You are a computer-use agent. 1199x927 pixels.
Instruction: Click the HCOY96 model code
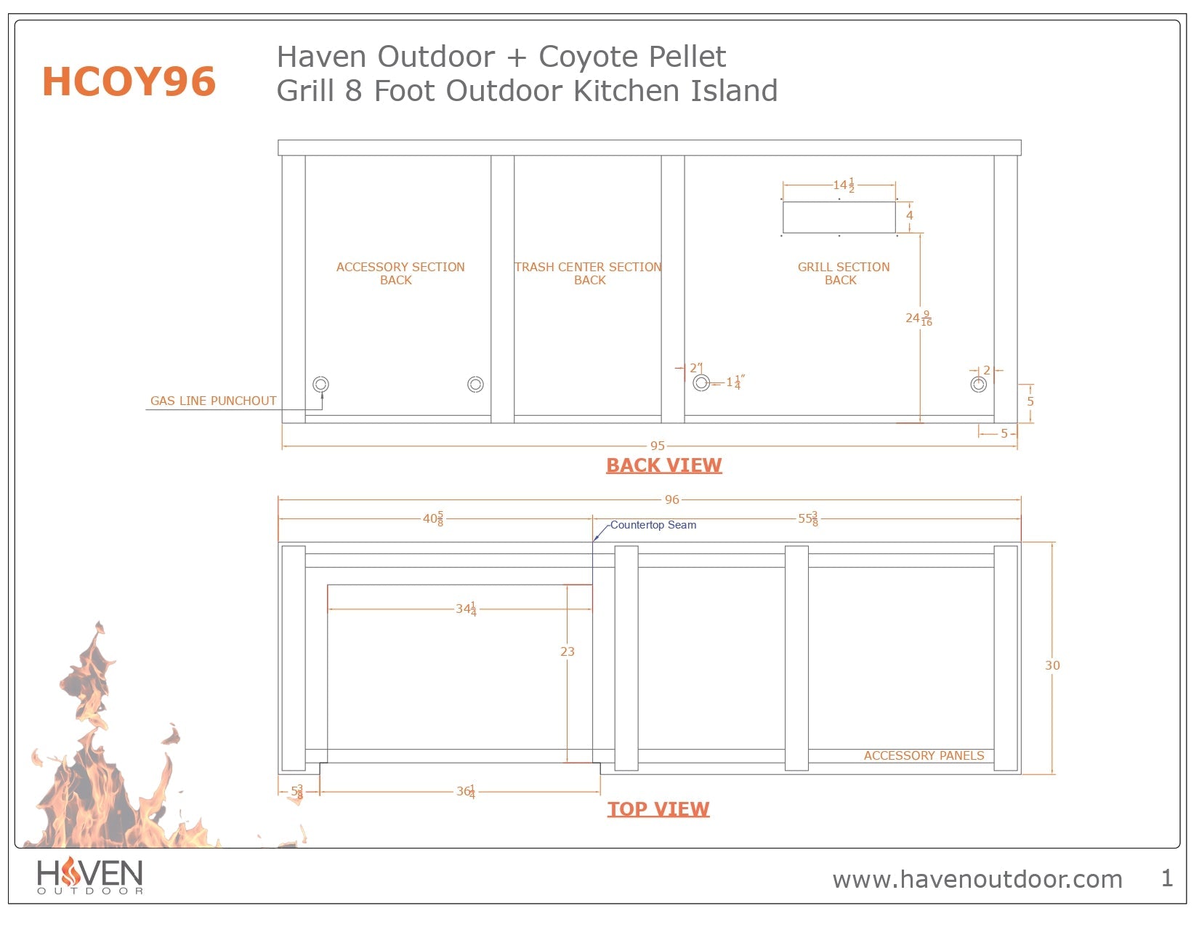tap(129, 81)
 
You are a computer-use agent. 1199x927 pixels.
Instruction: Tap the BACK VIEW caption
tap(663, 465)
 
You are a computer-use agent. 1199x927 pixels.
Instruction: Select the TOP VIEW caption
tap(658, 809)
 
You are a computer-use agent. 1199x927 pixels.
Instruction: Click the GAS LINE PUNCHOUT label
tap(213, 401)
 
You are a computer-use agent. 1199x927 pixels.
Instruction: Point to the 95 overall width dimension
tap(657, 446)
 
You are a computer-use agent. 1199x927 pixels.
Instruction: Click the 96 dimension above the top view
tap(671, 499)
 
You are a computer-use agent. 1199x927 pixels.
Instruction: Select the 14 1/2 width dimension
tap(843, 185)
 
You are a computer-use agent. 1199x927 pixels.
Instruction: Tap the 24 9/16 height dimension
tap(919, 318)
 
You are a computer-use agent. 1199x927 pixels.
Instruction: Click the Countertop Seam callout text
tap(653, 525)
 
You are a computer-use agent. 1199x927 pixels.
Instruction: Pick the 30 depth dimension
tap(1052, 665)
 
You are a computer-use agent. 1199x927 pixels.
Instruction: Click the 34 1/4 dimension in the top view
tap(466, 609)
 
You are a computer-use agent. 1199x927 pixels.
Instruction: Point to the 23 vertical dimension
tap(568, 651)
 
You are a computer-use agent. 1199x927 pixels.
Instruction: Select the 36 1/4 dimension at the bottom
tap(466, 791)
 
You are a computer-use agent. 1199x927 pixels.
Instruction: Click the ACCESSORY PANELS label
tap(924, 755)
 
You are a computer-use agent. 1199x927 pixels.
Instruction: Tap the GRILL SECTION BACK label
tap(843, 273)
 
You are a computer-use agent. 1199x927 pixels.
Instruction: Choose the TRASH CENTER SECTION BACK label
tap(588, 273)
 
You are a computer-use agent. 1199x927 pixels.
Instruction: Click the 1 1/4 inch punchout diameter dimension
tap(735, 382)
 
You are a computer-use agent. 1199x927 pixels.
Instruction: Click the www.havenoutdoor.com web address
tap(977, 879)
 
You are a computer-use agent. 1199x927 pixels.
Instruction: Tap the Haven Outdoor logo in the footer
tap(90, 875)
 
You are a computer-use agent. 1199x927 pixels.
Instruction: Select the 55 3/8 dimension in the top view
tap(807, 518)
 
